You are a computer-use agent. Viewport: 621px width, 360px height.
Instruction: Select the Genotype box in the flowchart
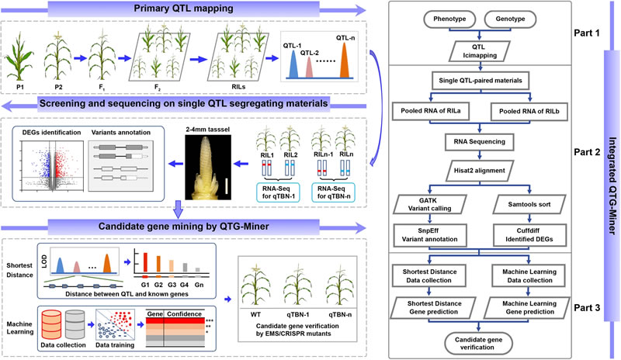pyautogui.click(x=514, y=21)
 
